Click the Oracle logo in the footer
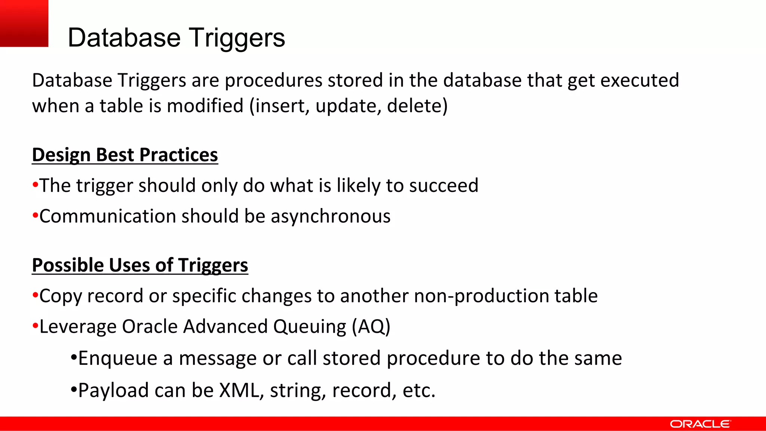coord(700,424)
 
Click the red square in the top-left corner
coord(24,23)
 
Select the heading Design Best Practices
coord(125,155)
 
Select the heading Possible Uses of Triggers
coord(140,265)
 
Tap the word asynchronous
coord(331,217)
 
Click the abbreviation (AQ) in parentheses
coord(371,327)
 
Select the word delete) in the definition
coord(417,106)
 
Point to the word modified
coord(205,106)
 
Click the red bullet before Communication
coord(35,216)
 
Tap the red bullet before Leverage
coord(35,326)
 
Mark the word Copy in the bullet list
coord(60,296)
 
